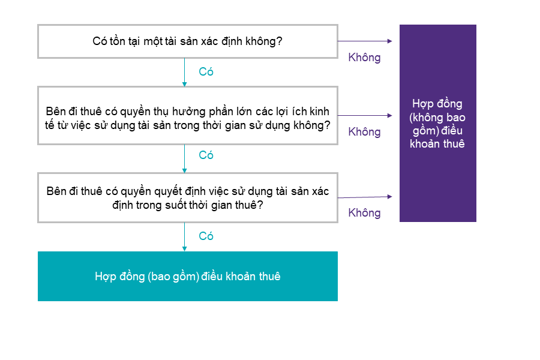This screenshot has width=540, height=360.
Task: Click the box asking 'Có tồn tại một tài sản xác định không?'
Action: pyautogui.click(x=188, y=41)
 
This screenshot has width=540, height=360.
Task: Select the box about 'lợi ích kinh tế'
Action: pyautogui.click(x=188, y=115)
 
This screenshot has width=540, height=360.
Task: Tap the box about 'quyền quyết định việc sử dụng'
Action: pyautogui.click(x=188, y=198)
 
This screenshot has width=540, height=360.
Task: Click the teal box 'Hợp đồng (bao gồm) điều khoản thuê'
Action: pyautogui.click(x=188, y=276)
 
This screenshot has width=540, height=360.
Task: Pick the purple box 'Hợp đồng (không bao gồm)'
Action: pyautogui.click(x=438, y=123)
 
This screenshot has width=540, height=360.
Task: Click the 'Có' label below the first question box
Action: pyautogui.click(x=206, y=71)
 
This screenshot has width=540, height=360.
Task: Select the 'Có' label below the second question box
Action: pyautogui.click(x=206, y=155)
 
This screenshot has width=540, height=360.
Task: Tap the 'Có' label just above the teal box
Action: pyautogui.click(x=206, y=236)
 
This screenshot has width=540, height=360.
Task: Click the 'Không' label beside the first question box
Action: pyautogui.click(x=364, y=58)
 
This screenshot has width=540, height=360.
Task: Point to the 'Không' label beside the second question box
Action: pyautogui.click(x=364, y=132)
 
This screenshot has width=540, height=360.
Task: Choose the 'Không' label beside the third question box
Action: pyautogui.click(x=364, y=213)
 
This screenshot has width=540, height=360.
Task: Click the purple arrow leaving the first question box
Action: pyautogui.click(x=365, y=41)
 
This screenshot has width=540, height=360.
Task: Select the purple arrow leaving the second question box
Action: pyautogui.click(x=365, y=115)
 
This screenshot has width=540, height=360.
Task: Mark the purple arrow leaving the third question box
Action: pyautogui.click(x=365, y=197)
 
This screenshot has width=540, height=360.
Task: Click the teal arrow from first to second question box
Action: pyautogui.click(x=184, y=73)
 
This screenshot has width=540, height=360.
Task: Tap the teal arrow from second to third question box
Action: pyautogui.click(x=184, y=158)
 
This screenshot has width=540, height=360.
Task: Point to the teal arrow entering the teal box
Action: pyautogui.click(x=184, y=237)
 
